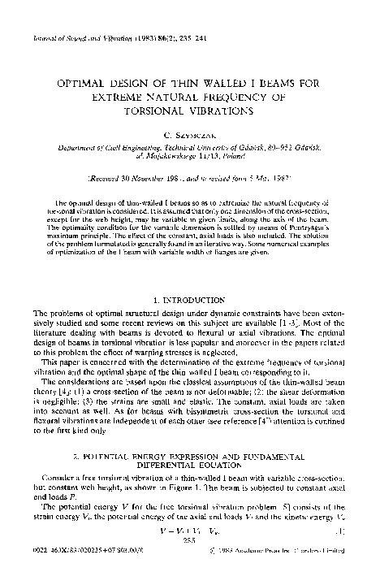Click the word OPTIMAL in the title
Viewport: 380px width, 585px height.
80,83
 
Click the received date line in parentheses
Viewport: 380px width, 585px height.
189,176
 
